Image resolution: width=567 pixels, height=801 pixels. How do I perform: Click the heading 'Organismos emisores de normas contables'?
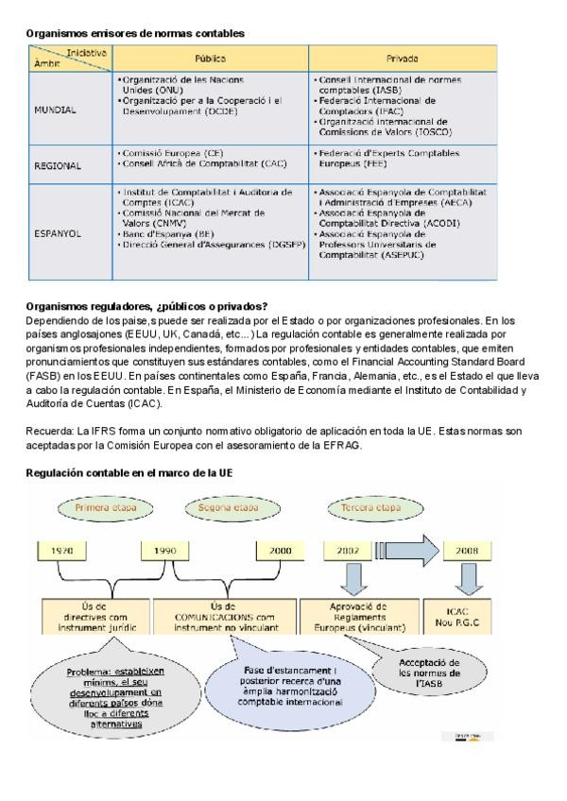(x=135, y=33)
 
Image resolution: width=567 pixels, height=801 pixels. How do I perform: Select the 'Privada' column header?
(x=403, y=58)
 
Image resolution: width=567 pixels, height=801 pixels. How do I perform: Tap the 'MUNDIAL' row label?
(x=55, y=109)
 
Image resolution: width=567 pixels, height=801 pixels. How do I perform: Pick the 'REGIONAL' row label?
(x=58, y=164)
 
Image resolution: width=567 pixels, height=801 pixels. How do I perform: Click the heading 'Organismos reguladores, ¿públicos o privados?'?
(x=146, y=305)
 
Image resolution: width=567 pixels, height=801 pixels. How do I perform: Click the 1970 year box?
(x=61, y=550)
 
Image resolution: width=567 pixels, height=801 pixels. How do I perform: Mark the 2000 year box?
(x=281, y=550)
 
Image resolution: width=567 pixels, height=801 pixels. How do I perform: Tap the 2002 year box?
(x=346, y=550)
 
